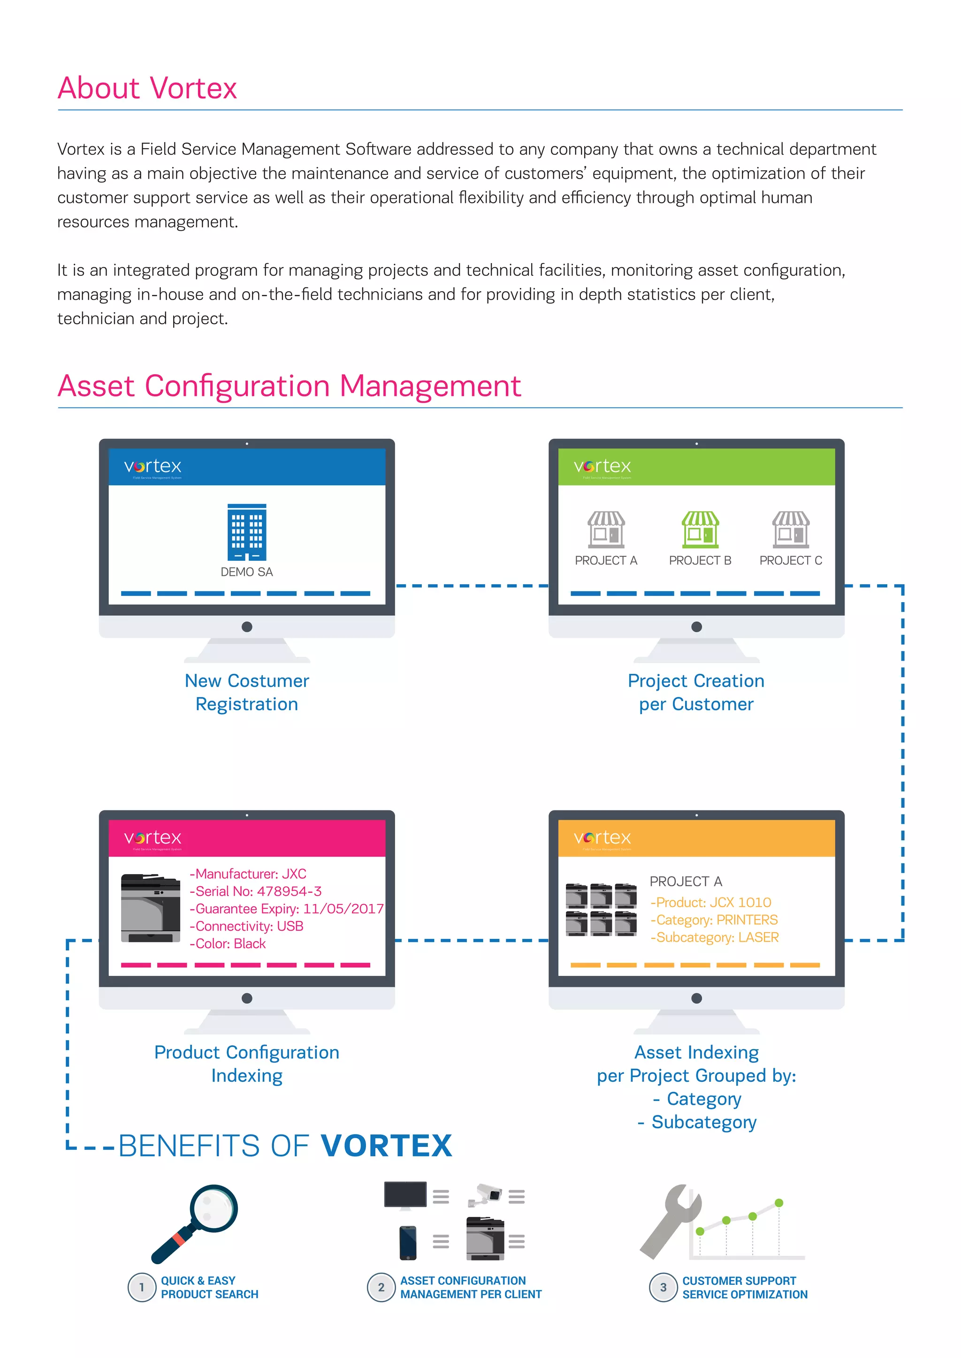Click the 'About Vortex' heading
tap(147, 88)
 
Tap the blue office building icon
tap(247, 532)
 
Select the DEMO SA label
tap(247, 572)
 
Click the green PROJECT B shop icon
tap(700, 529)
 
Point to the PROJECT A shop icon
tap(606, 529)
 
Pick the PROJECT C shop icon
tap(791, 529)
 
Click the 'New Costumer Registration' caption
tap(247, 692)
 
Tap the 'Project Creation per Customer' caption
tap(696, 692)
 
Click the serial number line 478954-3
tap(256, 891)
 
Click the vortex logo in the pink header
tap(153, 838)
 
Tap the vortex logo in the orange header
tap(603, 838)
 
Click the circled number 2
tap(381, 1287)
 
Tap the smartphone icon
tap(408, 1242)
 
